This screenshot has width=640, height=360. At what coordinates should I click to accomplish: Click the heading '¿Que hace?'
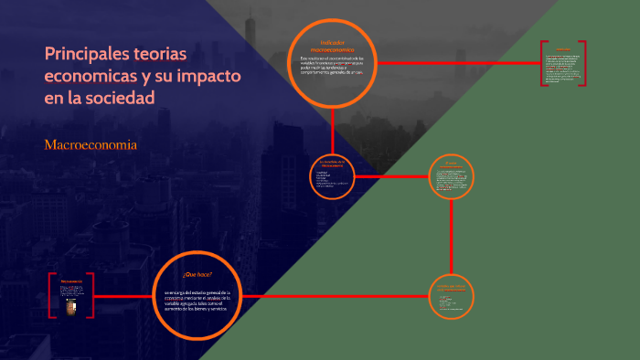(197, 274)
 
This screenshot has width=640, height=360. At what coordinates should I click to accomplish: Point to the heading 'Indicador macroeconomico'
(331, 46)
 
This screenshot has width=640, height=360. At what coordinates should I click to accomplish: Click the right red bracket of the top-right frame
(583, 63)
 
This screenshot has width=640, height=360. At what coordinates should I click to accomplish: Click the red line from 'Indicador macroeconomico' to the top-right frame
(457, 63)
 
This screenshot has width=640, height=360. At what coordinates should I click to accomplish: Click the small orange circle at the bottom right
(452, 296)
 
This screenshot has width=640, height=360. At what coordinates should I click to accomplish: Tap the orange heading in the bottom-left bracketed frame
(69, 280)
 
